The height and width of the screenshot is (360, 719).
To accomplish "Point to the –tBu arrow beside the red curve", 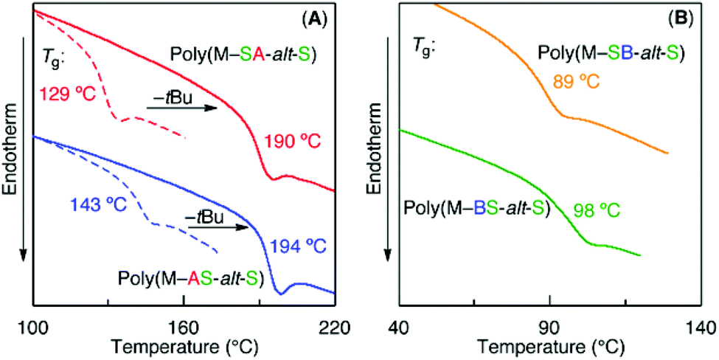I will (x=181, y=108).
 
